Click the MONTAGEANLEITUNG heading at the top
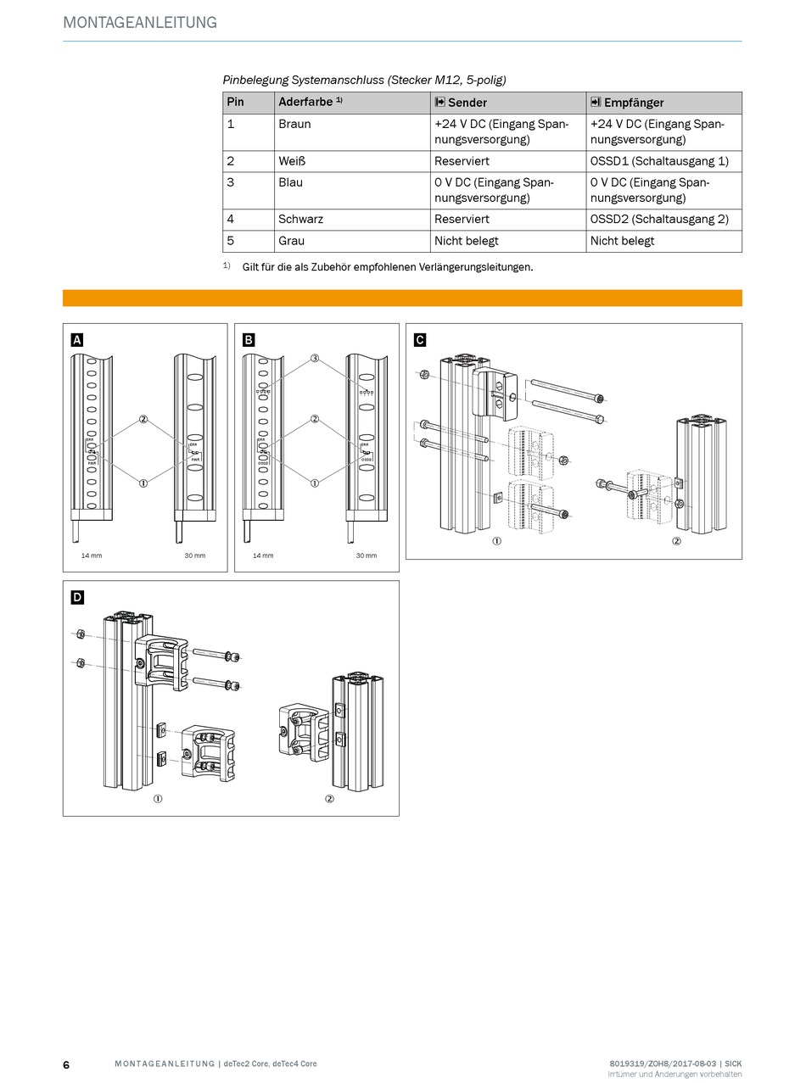140,23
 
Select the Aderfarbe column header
310,103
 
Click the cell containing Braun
294,124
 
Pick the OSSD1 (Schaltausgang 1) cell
659,161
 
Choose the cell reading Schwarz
300,219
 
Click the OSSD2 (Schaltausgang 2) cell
659,219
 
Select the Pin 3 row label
231,182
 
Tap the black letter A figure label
77,340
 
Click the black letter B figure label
249,340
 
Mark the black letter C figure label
420,340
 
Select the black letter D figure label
77,597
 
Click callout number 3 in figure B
315,359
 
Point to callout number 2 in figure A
143,419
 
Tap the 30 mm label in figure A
195,555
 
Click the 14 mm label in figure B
263,555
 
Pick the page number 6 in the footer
66,1064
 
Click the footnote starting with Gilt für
387,267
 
